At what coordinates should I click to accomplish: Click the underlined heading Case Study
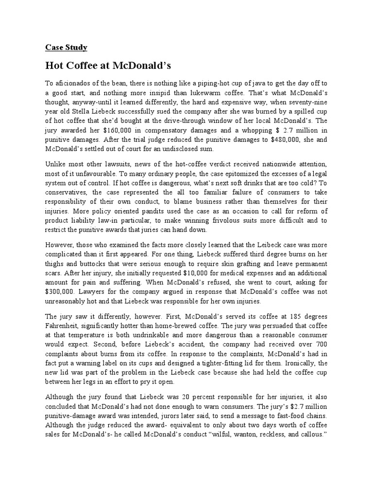point(66,47)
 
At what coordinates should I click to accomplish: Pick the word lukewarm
point(226,93)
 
